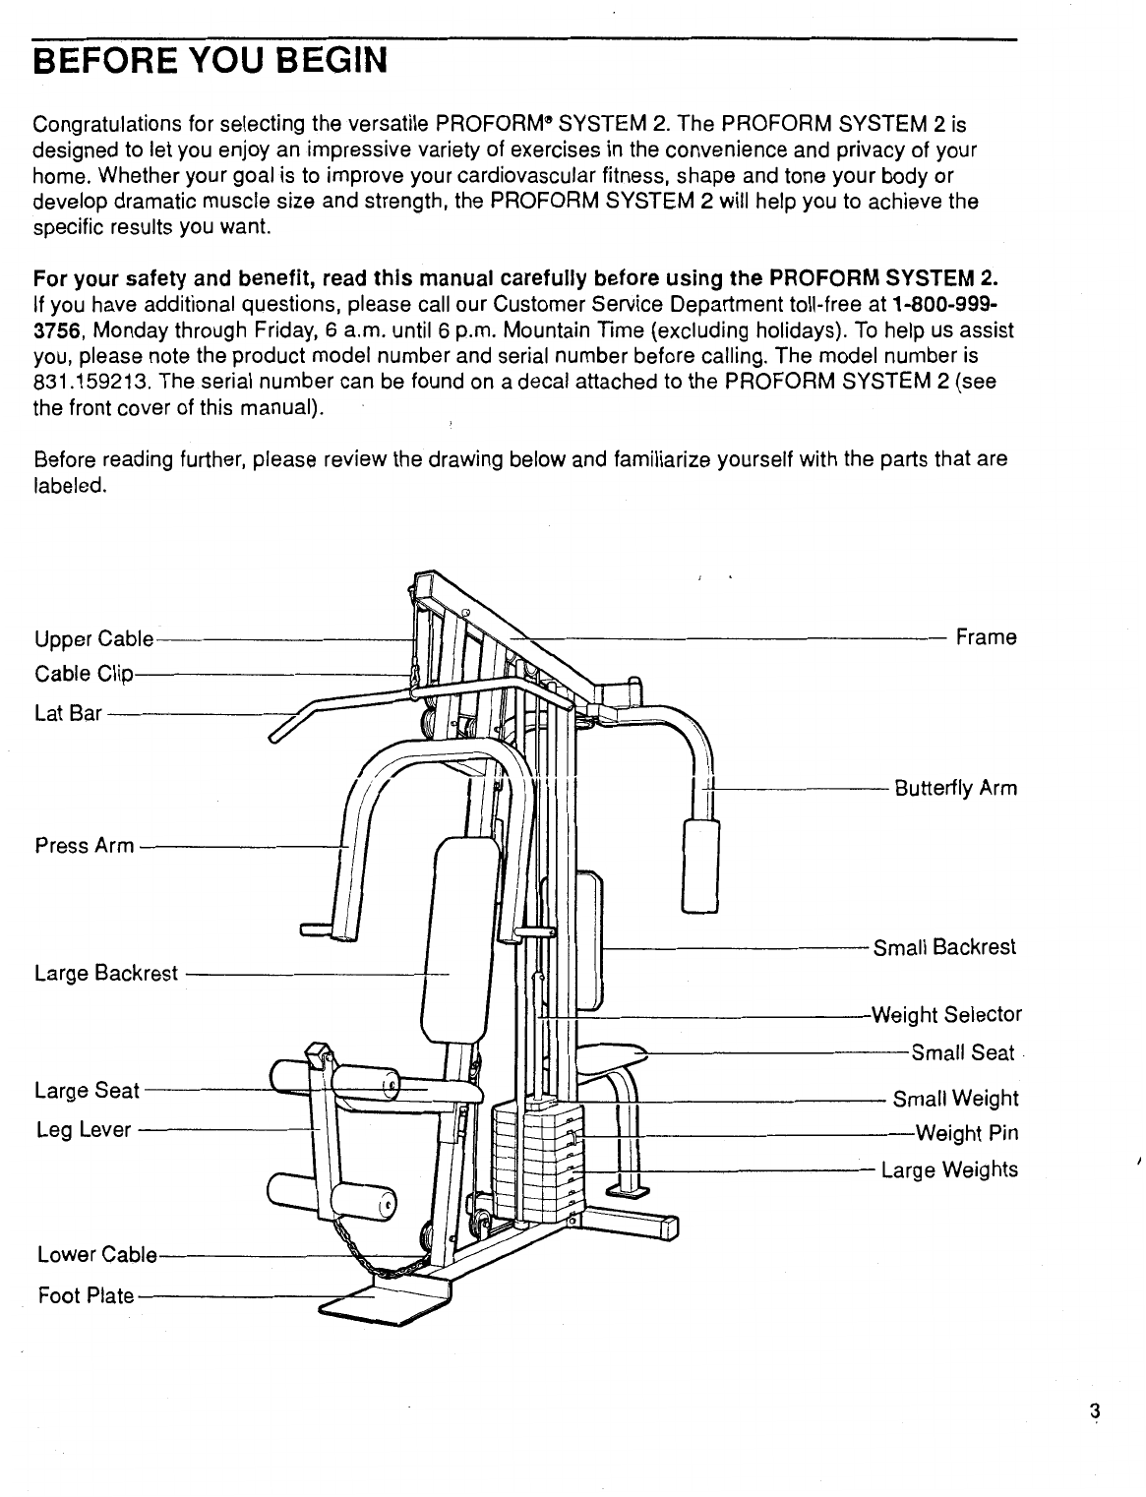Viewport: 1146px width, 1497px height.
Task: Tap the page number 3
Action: point(1093,1411)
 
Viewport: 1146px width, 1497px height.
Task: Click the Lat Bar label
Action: point(68,713)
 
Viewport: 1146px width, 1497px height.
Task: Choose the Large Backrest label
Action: point(106,974)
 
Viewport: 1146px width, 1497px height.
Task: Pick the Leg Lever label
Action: point(83,1130)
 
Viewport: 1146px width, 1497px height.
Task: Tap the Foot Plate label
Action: point(85,1295)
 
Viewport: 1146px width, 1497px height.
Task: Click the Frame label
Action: point(986,637)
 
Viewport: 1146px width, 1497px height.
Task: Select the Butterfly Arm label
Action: point(954,789)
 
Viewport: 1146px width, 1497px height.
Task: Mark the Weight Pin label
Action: point(966,1133)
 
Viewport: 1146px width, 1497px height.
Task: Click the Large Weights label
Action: point(949,1169)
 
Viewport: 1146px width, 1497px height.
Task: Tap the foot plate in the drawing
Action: point(379,1300)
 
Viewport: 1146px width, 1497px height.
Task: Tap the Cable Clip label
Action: point(83,675)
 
